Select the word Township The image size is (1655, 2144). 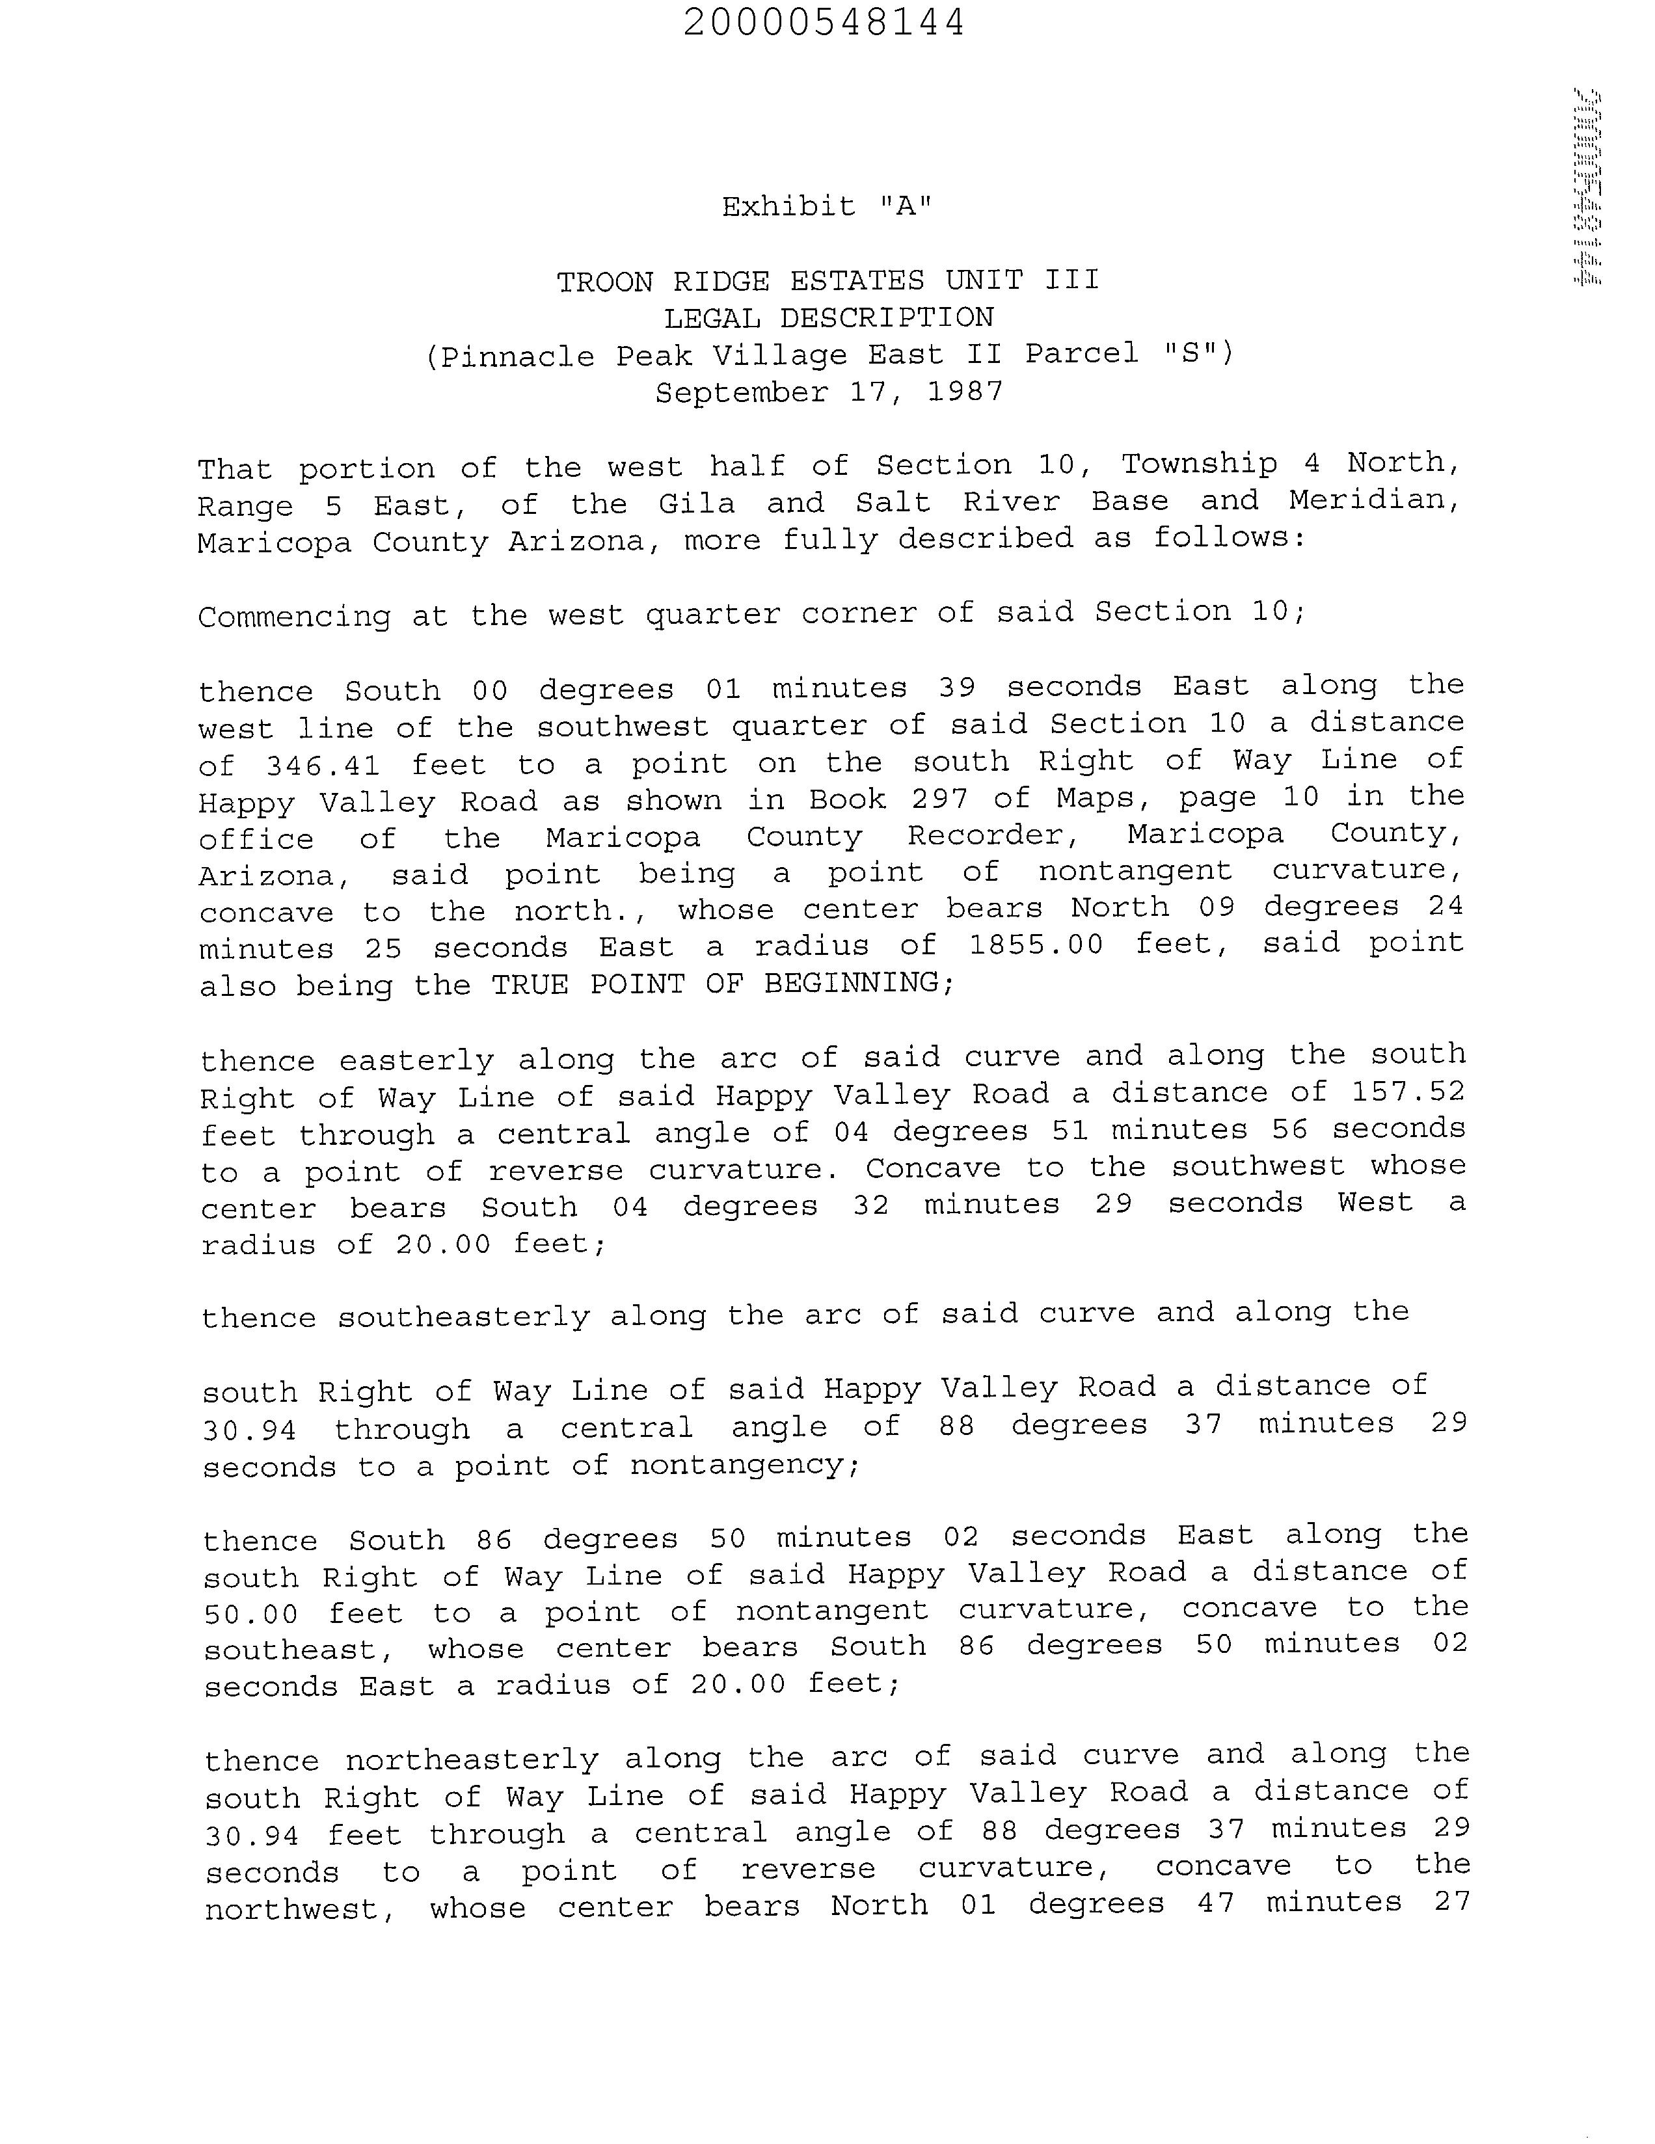(x=1200, y=463)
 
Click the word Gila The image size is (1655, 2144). (x=696, y=503)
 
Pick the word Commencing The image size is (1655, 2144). (x=293, y=617)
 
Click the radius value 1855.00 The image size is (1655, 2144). (x=1036, y=945)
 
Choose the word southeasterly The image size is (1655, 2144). (x=463, y=1315)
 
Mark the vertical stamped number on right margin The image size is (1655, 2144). (x=1587, y=187)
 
